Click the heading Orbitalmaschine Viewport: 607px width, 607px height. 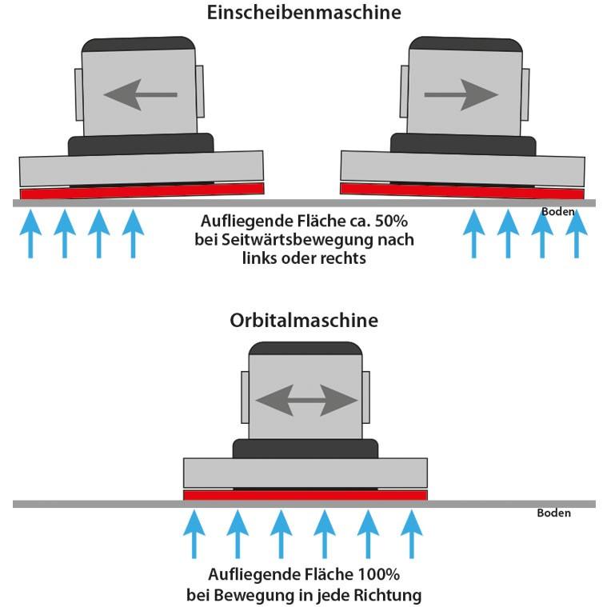tap(303, 321)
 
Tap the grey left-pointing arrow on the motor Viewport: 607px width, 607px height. tap(140, 94)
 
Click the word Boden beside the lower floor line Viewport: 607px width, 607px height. tap(553, 513)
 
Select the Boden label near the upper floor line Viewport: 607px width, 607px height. tap(557, 212)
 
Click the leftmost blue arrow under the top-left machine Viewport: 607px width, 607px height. tap(30, 232)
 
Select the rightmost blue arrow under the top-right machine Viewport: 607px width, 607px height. tap(576, 232)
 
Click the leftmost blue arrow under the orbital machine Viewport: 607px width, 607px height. tap(193, 536)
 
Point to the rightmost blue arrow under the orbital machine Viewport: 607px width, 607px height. tap(411, 536)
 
